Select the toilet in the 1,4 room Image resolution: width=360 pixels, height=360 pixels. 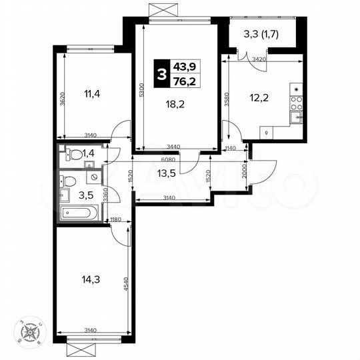tap(75, 155)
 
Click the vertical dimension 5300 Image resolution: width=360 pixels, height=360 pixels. tap(141, 90)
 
